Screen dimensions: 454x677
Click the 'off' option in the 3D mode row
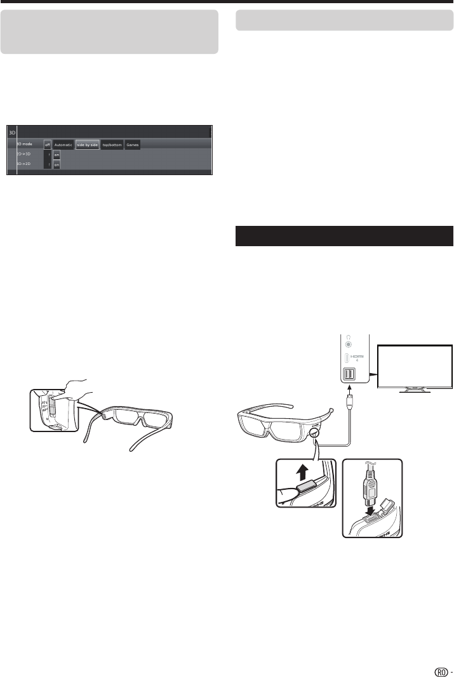coord(47,145)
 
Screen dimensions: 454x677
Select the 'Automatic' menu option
coord(63,145)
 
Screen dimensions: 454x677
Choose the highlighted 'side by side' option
coord(88,145)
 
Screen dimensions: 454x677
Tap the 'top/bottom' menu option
coord(112,145)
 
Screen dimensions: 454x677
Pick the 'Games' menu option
coord(132,145)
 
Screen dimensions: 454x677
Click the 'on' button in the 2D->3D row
coord(57,155)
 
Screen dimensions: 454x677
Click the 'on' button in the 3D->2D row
coord(57,165)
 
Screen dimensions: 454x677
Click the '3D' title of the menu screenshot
coord(11,133)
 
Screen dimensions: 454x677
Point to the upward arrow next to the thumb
coord(306,472)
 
